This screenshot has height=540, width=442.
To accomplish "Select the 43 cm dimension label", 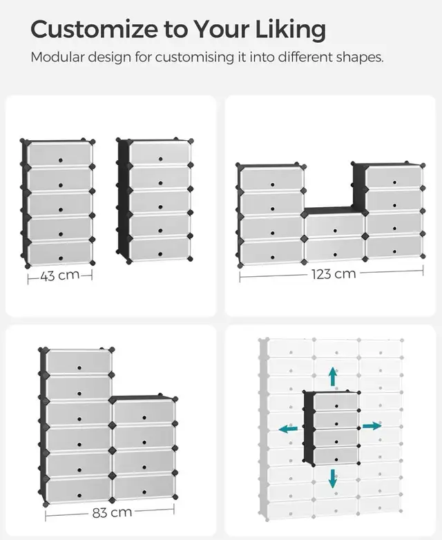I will (x=59, y=276).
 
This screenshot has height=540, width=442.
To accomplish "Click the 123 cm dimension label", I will (x=333, y=274).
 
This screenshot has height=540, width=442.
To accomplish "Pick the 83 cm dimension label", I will (x=111, y=513).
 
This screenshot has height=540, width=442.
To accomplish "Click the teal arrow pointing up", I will (x=333, y=377).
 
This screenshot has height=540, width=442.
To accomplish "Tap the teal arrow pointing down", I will (x=333, y=478).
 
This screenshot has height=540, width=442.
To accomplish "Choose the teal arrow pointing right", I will (x=372, y=426).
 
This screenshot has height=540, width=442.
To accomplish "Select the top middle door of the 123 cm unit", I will (x=335, y=225).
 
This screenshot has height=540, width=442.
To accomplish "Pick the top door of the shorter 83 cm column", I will (x=143, y=412).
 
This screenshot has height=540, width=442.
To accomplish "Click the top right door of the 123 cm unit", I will (x=394, y=177).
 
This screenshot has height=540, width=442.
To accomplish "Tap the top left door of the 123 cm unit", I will (x=271, y=180).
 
